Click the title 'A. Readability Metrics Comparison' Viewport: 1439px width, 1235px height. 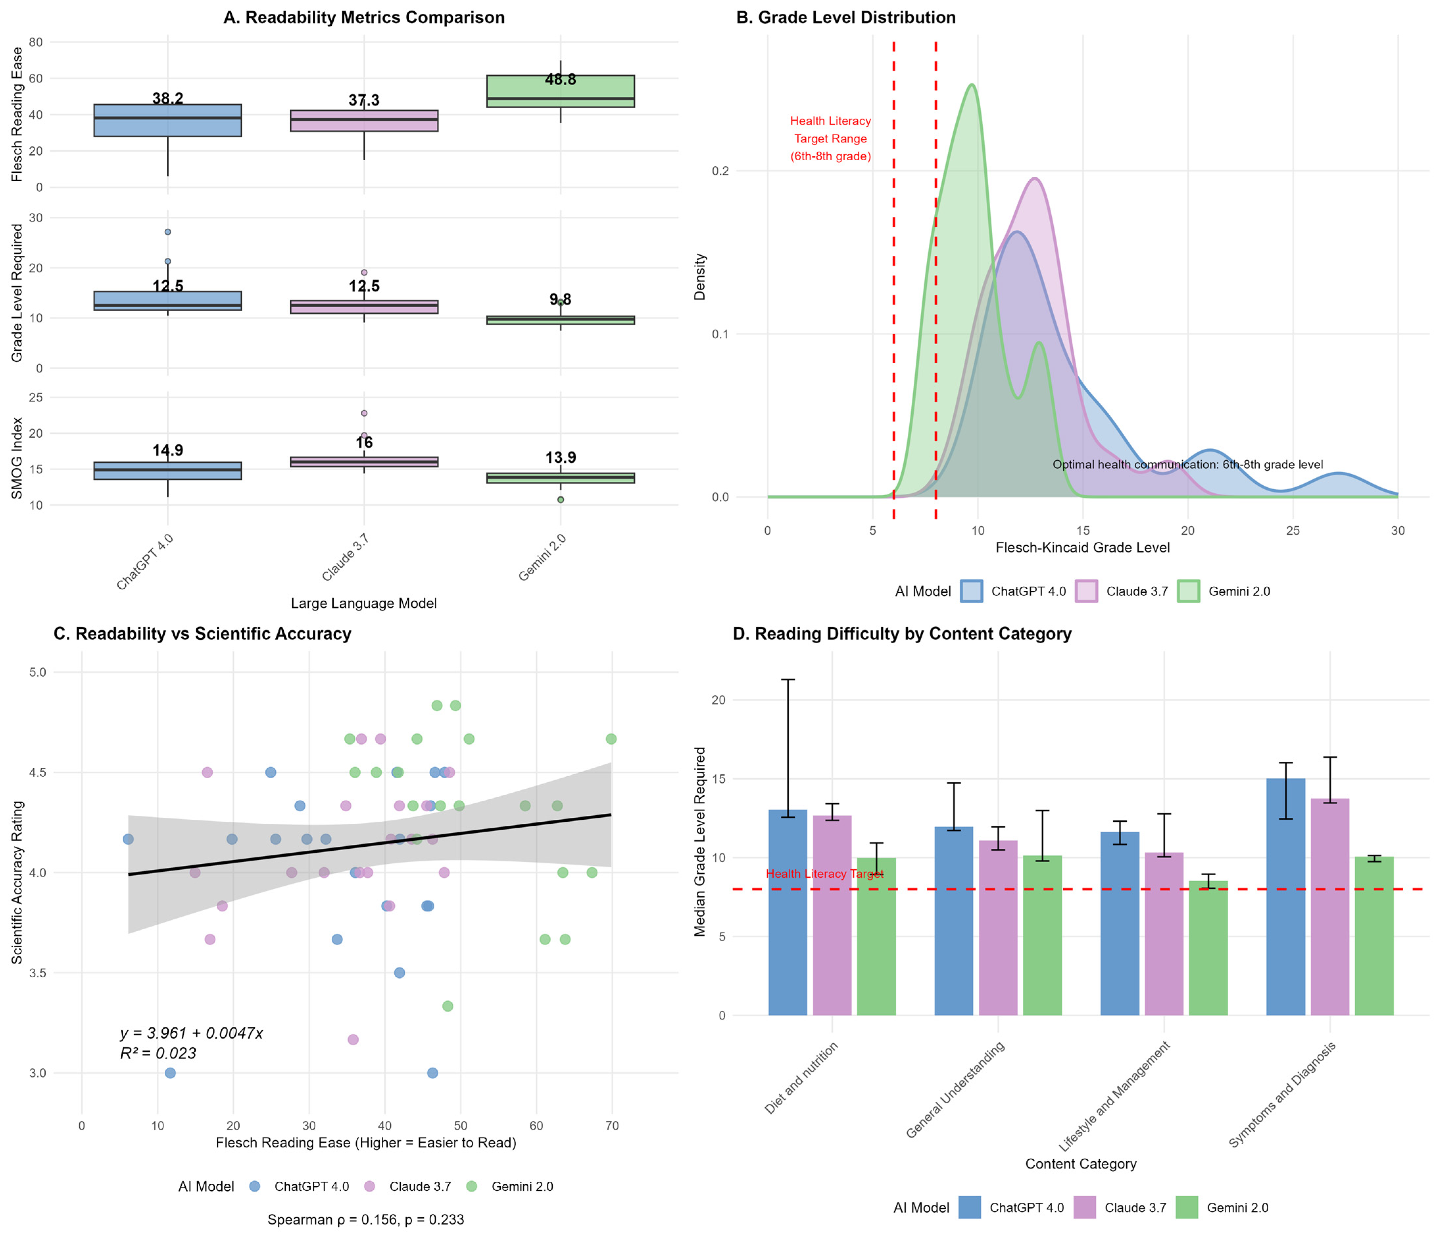(x=364, y=17)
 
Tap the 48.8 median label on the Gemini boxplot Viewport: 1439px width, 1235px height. (x=561, y=80)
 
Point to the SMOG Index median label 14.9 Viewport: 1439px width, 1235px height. (x=167, y=450)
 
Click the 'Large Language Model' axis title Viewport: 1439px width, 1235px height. (x=364, y=603)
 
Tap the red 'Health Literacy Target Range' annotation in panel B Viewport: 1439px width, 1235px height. (x=830, y=138)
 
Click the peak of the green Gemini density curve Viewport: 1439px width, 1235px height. (x=971, y=86)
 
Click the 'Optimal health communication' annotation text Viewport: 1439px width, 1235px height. (x=1187, y=464)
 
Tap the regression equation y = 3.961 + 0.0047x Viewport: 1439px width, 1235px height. (x=192, y=1034)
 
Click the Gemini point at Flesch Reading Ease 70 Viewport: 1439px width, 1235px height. (x=611, y=739)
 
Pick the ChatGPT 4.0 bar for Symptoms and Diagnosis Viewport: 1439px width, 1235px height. (x=1285, y=896)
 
